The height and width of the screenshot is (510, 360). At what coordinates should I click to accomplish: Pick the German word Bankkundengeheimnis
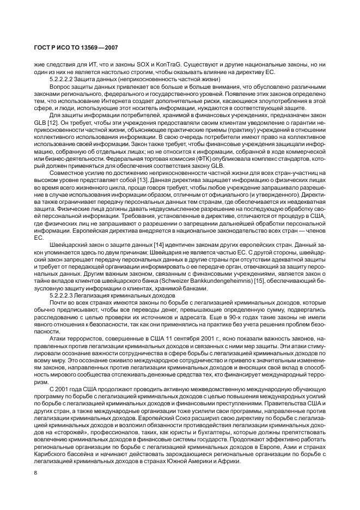point(231,280)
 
